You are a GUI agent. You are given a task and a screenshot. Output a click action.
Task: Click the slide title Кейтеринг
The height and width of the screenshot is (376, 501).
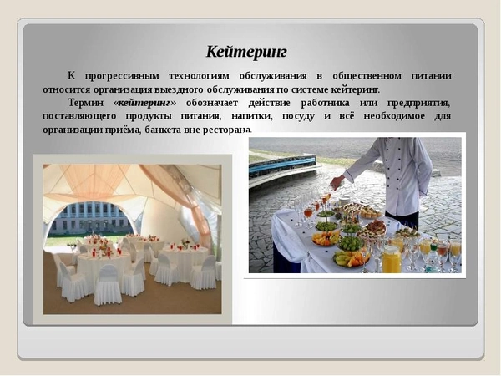coord(246,52)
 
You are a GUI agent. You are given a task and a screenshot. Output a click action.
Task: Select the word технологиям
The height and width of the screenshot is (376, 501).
coord(199,76)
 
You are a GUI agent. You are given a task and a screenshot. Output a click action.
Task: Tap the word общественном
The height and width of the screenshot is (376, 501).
coord(367,76)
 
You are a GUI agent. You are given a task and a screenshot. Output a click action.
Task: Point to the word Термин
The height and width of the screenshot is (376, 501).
coord(86,103)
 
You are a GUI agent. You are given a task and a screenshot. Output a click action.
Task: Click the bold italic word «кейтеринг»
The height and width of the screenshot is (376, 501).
coord(144,104)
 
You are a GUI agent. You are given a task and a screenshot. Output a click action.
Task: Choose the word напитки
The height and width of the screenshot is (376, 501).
coord(252,116)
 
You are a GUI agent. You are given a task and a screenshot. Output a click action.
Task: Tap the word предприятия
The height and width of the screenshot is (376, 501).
coord(419,104)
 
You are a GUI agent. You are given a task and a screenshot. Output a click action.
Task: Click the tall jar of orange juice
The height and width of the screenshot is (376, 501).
coord(392,259)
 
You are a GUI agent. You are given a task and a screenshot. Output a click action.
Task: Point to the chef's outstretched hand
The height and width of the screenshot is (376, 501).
coord(337,182)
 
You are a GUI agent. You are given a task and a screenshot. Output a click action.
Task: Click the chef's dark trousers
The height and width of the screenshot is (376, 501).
coord(402,220)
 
